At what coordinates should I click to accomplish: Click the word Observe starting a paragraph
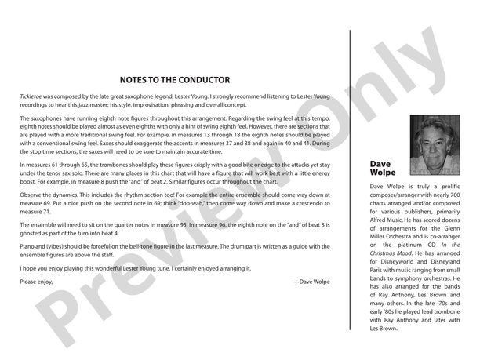(33, 194)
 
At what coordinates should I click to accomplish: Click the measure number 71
(46, 212)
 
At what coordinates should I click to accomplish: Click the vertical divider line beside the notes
(350, 180)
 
